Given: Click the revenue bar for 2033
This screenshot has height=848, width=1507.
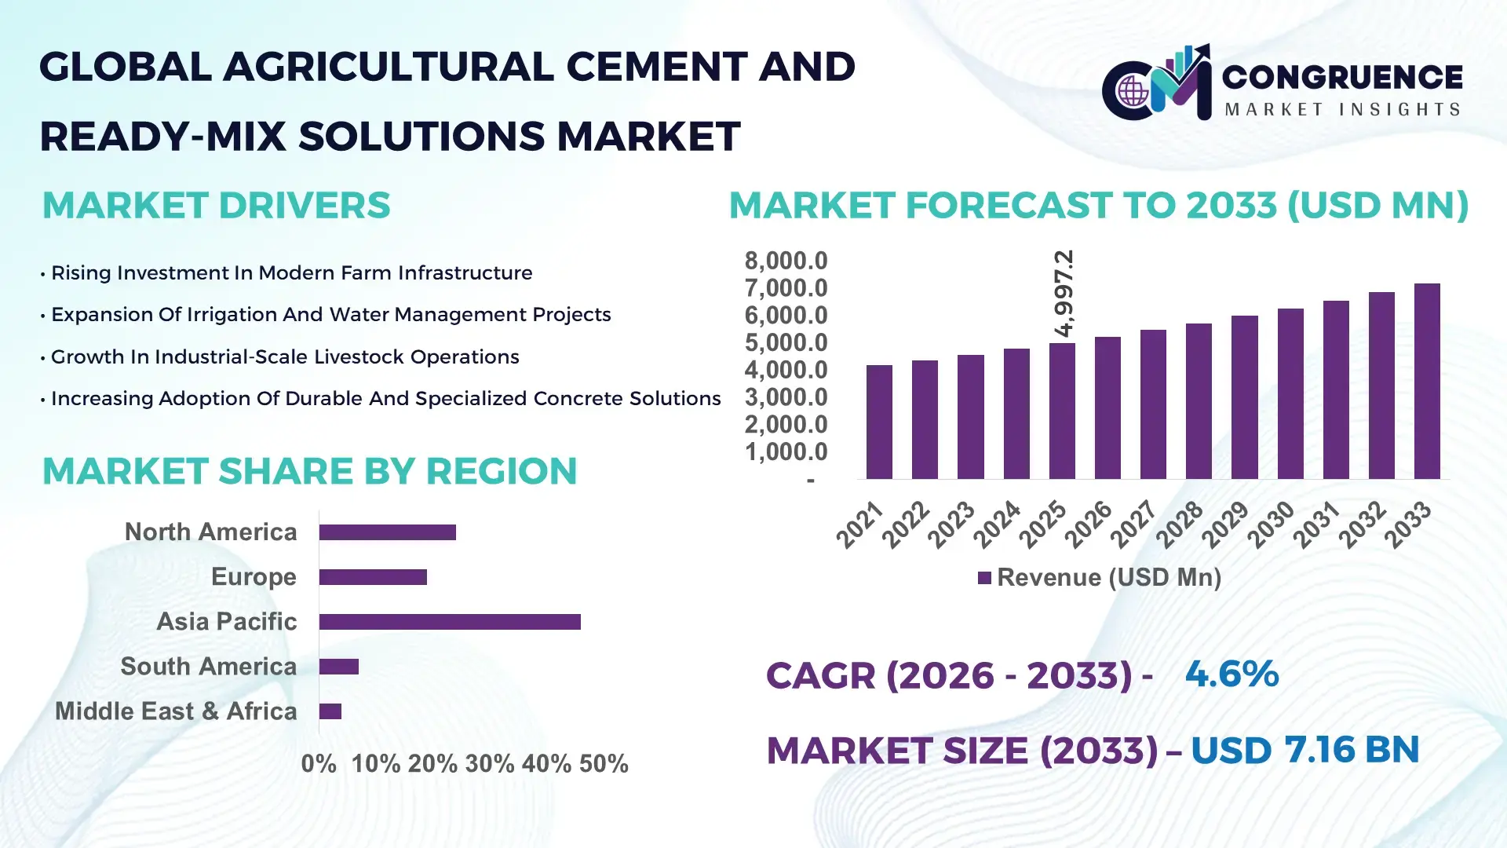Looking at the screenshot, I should [1427, 382].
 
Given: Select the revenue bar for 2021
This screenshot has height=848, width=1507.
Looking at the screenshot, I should [879, 422].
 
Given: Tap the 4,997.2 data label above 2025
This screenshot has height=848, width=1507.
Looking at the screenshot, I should [1064, 294].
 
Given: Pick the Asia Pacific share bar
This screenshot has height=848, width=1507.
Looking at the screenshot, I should [450, 622].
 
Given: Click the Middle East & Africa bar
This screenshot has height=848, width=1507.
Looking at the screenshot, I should [330, 711].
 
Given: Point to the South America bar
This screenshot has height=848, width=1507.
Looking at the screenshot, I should [339, 667].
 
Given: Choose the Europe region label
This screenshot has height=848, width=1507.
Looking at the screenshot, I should [254, 577].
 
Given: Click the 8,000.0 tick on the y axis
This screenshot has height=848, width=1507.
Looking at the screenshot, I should [786, 261].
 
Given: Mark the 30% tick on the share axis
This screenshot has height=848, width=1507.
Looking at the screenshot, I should [490, 764].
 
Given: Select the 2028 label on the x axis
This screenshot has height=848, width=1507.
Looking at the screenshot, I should [1180, 524].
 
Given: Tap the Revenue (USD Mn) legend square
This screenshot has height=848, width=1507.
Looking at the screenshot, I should [984, 579].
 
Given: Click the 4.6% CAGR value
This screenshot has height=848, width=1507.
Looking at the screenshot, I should [1232, 674].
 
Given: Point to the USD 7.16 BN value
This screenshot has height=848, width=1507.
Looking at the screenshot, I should [1304, 750].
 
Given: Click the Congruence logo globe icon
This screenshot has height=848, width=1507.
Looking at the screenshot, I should [1133, 91].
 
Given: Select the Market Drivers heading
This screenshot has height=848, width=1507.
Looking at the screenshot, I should [216, 206].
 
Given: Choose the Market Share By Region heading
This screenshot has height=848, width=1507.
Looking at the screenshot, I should [309, 471].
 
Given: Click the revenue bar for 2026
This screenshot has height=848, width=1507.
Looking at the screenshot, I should [1107, 408].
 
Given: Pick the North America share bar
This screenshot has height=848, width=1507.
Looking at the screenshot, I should [388, 532].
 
